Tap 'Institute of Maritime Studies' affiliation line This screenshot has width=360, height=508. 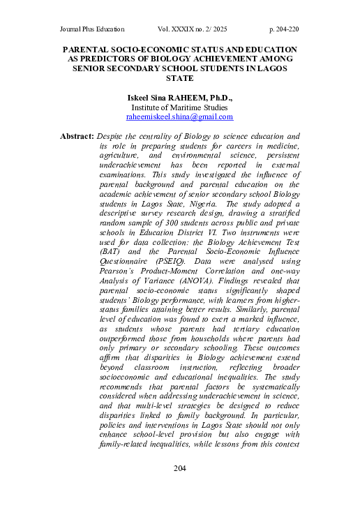179,108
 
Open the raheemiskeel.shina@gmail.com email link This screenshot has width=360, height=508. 179,118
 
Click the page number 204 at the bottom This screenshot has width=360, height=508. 180,486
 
